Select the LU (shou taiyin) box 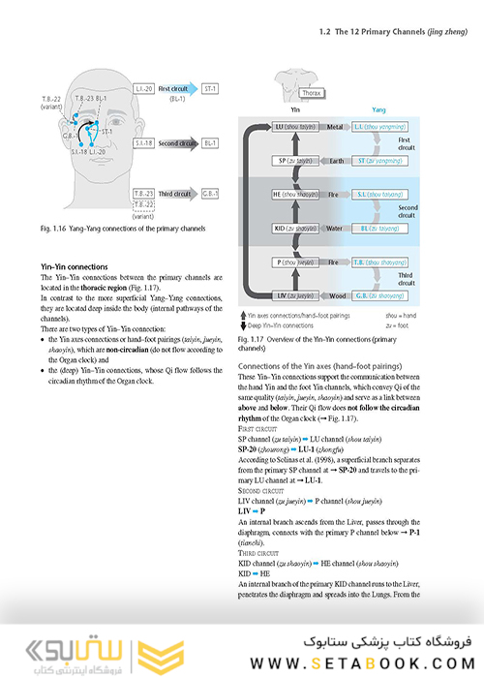(x=292, y=127)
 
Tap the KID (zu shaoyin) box (x=292, y=229)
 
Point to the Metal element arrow (x=336, y=127)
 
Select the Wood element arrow (x=336, y=295)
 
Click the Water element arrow (x=336, y=229)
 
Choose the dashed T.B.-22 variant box (x=142, y=204)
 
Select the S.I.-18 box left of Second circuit (x=141, y=142)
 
